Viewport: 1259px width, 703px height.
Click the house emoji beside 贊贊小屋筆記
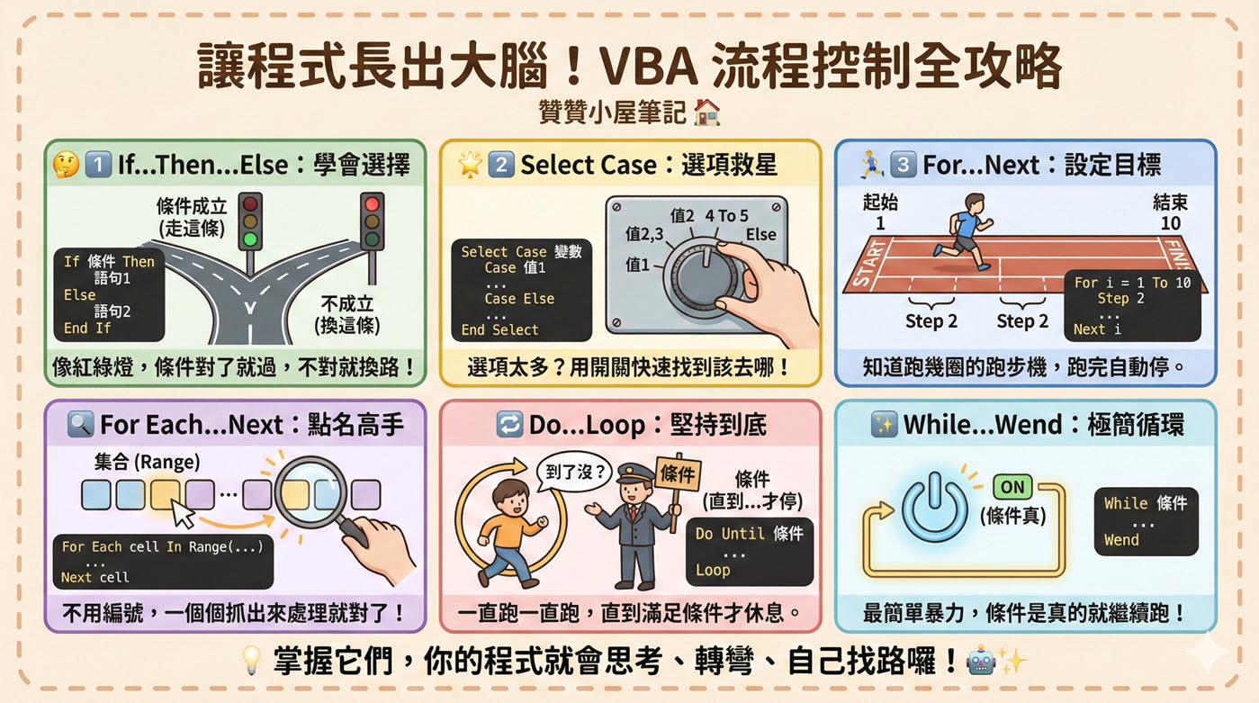[x=707, y=113]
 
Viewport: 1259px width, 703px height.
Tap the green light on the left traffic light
[x=249, y=240]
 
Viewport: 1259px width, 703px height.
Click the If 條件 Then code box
[x=109, y=294]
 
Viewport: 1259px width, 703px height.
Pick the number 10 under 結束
[x=1170, y=223]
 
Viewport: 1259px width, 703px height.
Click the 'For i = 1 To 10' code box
[x=1132, y=306]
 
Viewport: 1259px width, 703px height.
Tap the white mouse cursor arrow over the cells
[x=184, y=514]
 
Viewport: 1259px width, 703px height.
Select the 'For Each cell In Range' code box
[x=162, y=562]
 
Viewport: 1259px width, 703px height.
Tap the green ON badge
[x=1012, y=487]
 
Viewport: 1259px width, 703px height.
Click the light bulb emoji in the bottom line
[x=253, y=662]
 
